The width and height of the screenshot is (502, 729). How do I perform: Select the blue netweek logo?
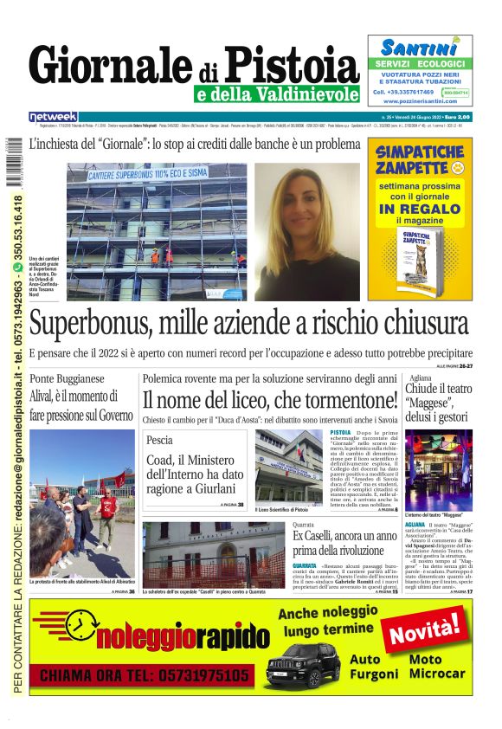coord(53,116)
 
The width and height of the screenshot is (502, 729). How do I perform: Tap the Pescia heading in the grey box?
coord(161,440)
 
